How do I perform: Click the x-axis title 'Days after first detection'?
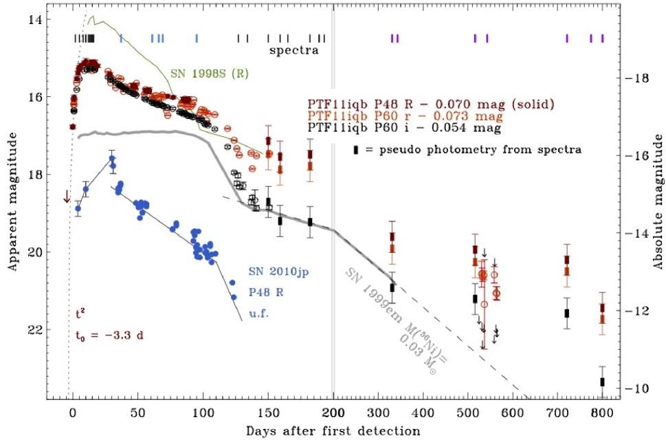pos(333,431)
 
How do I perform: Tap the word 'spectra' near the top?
pos(293,50)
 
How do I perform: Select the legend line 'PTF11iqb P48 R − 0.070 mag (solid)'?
pos(430,104)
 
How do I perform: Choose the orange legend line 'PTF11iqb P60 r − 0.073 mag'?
pos(405,115)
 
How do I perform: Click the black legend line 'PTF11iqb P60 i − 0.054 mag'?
pos(403,127)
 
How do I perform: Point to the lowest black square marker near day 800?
pos(603,381)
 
